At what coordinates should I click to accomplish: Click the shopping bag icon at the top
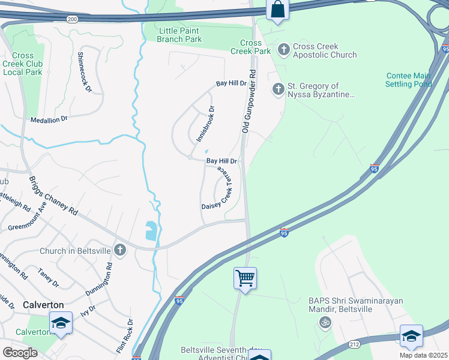click(277, 10)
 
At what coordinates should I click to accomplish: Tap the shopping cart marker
click(245, 278)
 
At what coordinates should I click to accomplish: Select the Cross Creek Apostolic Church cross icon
click(283, 49)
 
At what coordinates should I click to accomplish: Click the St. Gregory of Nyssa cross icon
click(278, 89)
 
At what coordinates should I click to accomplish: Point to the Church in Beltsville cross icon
click(120, 250)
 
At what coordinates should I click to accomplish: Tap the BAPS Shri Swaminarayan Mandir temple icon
click(325, 322)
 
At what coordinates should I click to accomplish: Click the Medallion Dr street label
click(49, 119)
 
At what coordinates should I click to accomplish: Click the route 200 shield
click(73, 19)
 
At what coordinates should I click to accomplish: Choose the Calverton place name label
click(43, 305)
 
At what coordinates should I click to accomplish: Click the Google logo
click(20, 352)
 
